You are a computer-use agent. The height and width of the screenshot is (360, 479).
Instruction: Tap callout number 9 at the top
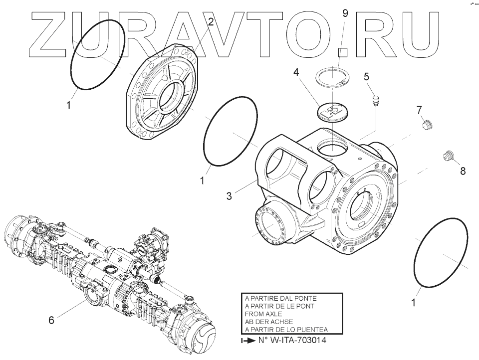(x=345, y=13)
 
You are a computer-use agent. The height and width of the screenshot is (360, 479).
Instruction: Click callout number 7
(x=420, y=109)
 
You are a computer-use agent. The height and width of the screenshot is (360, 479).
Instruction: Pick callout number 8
(x=463, y=171)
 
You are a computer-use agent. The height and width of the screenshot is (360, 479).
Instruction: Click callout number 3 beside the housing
(x=229, y=196)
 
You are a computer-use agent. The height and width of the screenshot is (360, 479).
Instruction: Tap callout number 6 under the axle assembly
(x=51, y=320)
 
